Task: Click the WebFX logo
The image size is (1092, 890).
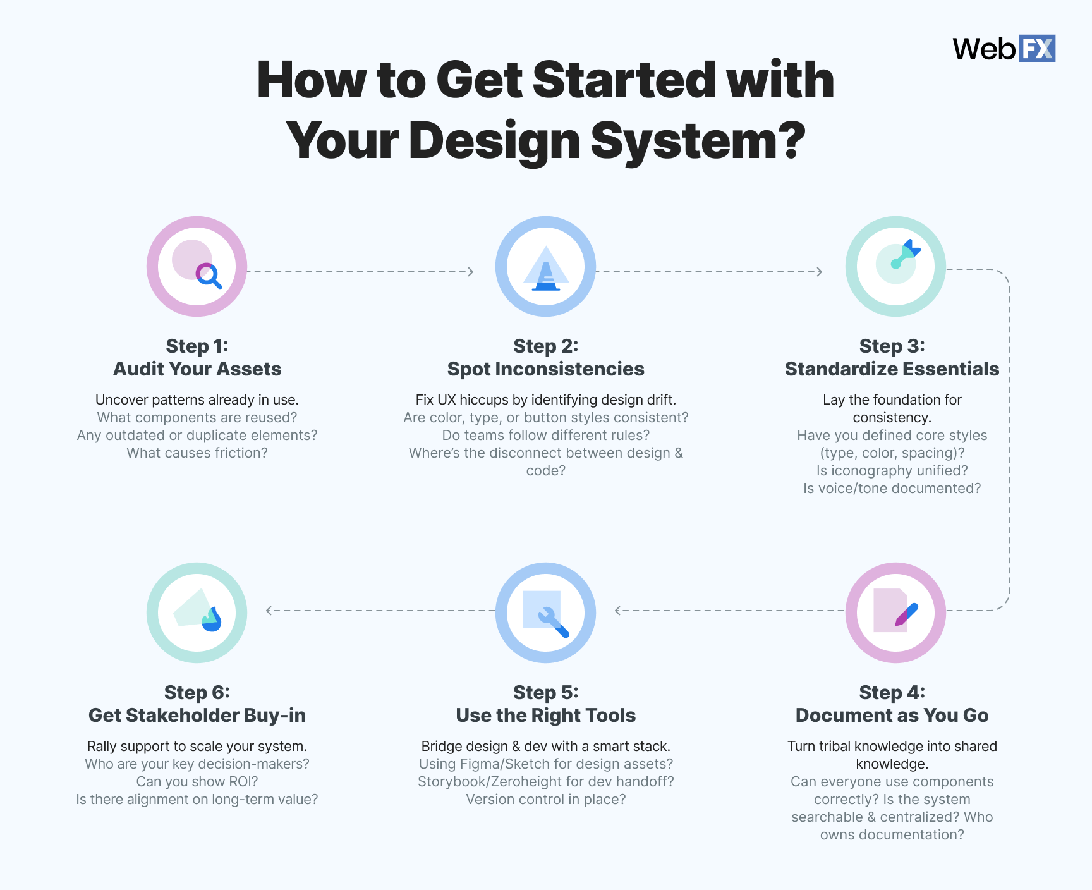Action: [x=1004, y=49]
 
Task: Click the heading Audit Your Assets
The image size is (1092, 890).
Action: [x=197, y=369]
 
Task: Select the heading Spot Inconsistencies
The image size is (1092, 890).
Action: [x=545, y=369]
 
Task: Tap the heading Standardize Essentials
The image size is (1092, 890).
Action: [x=892, y=369]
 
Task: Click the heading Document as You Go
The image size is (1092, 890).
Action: [x=892, y=715]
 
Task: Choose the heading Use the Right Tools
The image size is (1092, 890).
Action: [x=545, y=715]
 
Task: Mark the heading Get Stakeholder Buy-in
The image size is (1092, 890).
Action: [x=197, y=715]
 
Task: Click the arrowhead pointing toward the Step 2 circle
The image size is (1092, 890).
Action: [x=470, y=272]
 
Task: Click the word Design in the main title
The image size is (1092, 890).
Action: [x=494, y=140]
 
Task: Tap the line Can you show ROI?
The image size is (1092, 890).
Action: [x=197, y=781]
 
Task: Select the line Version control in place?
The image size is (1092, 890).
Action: [x=545, y=799]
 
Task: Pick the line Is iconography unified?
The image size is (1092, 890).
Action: [x=892, y=470]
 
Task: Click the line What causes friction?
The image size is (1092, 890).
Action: [x=197, y=453]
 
